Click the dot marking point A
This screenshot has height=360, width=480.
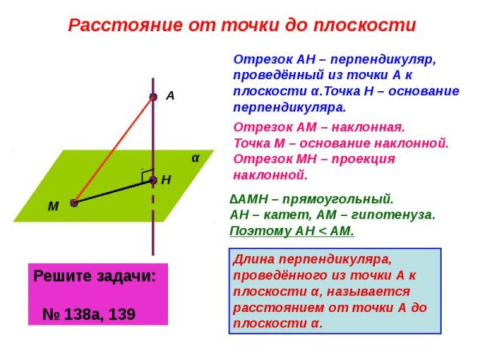pyautogui.click(x=153, y=97)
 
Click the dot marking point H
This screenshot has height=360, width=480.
pyautogui.click(x=153, y=181)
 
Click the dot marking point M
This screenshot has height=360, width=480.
pyautogui.click(x=74, y=203)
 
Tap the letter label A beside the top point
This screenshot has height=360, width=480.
pyautogui.click(x=170, y=95)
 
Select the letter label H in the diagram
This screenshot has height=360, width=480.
pyautogui.click(x=166, y=181)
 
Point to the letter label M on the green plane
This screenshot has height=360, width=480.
pyautogui.click(x=53, y=206)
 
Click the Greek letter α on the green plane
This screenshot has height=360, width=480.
pyautogui.click(x=194, y=158)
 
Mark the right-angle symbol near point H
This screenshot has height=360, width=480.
pyautogui.click(x=146, y=173)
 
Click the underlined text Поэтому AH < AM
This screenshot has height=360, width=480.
pyautogui.click(x=291, y=230)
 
